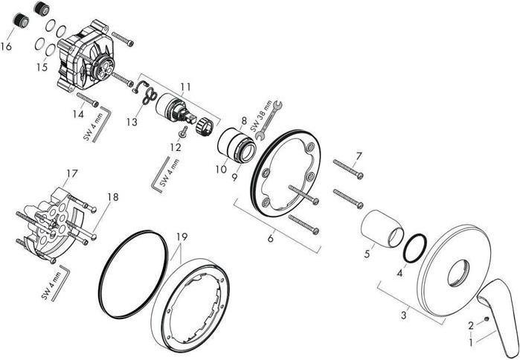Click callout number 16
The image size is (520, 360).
pos(7,46)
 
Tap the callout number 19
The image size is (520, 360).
pos(182,237)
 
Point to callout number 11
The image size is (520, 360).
pos(185,87)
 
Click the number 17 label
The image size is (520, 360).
pos(71,173)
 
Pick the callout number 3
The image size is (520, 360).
pos(404,315)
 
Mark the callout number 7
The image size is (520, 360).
pos(359,155)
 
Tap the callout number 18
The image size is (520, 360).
pos(112,197)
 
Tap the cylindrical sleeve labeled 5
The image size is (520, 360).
pos(379,225)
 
